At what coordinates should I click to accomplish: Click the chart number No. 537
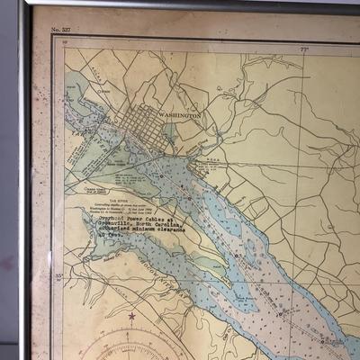point(60,30)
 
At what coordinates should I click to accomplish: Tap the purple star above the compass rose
point(132,316)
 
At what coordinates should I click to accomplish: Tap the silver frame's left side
point(24,180)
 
